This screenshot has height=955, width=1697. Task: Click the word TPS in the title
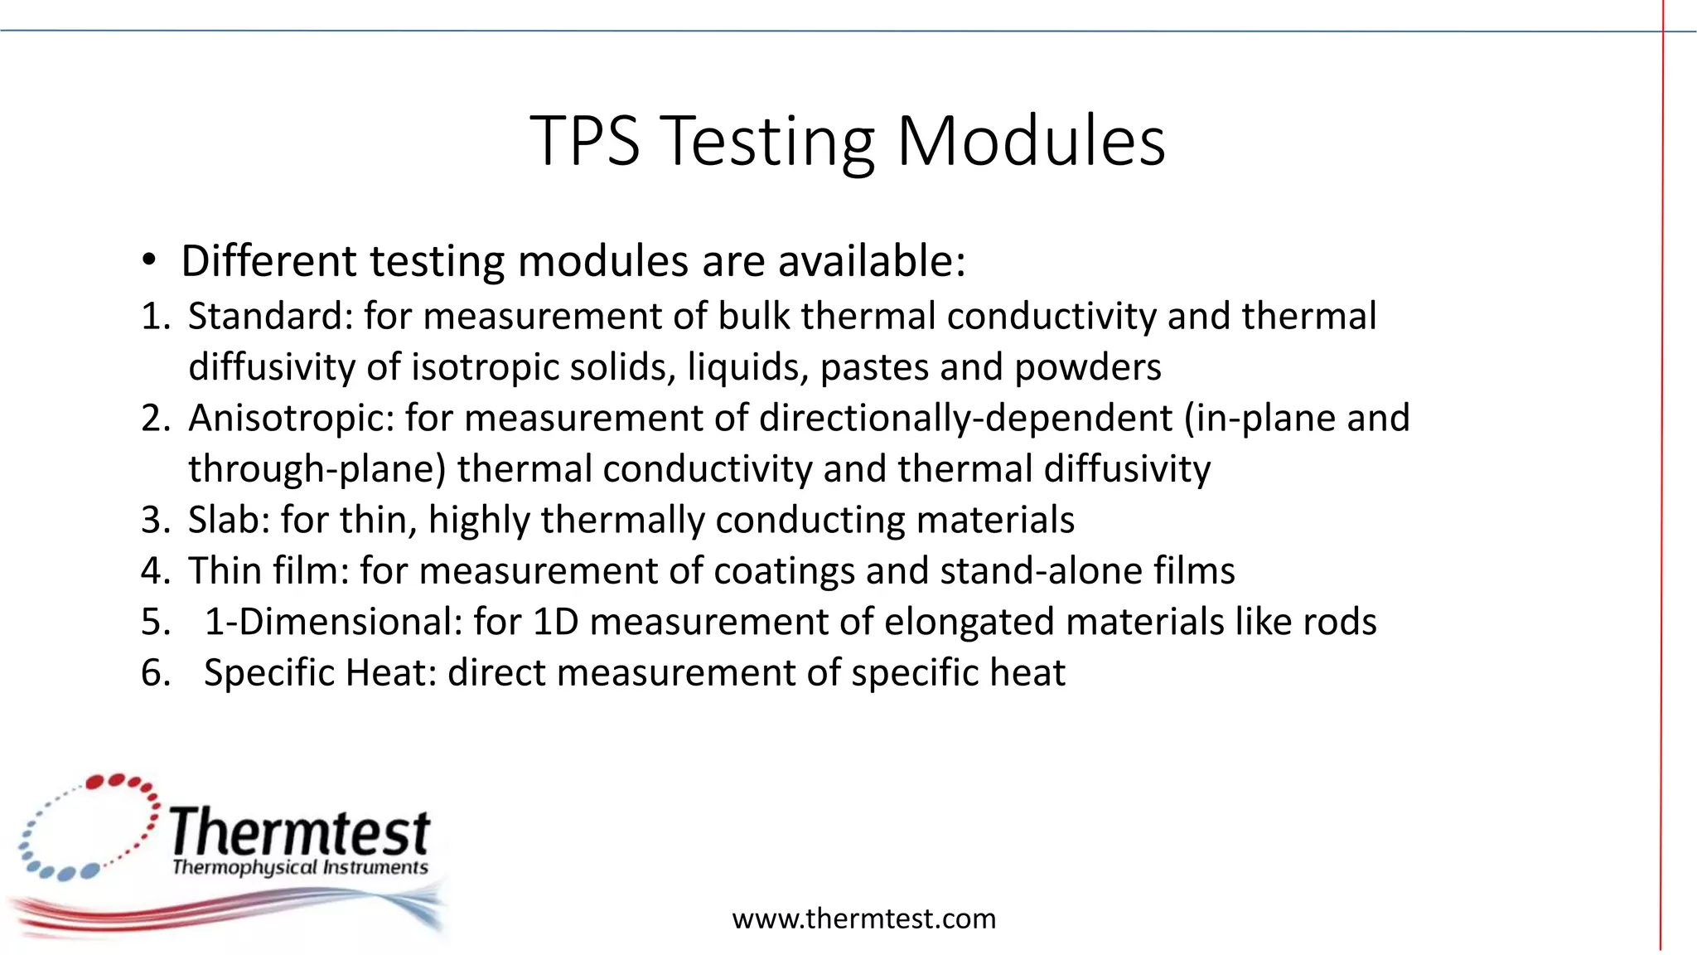pos(585,142)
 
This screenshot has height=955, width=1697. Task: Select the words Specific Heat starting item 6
pos(320,672)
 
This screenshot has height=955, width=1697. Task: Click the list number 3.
pos(155,521)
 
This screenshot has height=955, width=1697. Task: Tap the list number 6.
pos(155,672)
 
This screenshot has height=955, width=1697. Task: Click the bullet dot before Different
pos(148,261)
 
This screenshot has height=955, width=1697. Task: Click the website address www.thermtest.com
pos(863,919)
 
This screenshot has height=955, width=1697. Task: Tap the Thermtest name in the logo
pos(300,832)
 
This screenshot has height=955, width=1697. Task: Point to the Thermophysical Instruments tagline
pos(300,868)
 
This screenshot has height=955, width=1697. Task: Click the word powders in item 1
pos(1087,368)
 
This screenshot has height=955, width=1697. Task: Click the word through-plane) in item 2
pos(317,469)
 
